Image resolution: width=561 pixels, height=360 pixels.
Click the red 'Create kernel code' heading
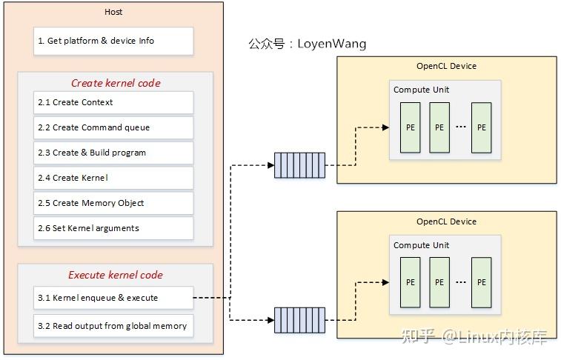tap(115, 83)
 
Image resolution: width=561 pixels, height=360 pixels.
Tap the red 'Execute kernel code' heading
tap(115, 275)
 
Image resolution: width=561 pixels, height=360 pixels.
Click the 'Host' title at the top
tap(113, 13)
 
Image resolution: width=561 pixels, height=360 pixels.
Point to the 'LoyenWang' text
tap(331, 44)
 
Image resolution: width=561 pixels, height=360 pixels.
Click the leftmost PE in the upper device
tap(410, 127)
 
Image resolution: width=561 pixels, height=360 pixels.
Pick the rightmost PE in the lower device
tap(482, 282)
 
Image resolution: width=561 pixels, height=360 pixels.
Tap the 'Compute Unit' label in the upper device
tap(421, 90)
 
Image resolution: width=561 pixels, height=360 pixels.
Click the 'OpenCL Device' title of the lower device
tap(446, 221)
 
